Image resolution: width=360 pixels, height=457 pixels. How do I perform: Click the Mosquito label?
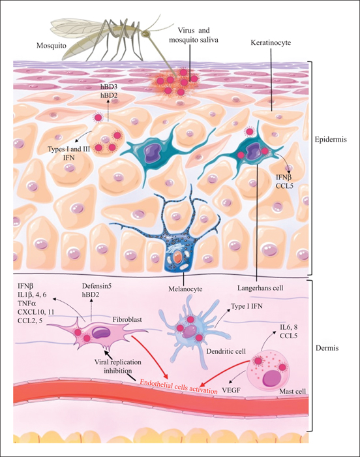coord(52,46)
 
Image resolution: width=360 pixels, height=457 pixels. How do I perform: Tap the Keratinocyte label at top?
coord(271,42)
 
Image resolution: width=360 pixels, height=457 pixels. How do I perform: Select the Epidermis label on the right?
coord(331,139)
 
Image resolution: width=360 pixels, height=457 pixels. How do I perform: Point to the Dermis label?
coord(327,348)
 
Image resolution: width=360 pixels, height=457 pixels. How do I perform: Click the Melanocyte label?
coord(185,289)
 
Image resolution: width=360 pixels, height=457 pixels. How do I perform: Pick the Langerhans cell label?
coord(260,289)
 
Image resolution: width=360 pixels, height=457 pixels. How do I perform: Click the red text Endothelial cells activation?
coord(179,386)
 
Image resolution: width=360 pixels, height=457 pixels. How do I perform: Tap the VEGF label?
coord(232,390)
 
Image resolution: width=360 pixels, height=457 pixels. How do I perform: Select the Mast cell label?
coord(292,391)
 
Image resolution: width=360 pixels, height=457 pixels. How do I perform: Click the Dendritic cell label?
coord(226,351)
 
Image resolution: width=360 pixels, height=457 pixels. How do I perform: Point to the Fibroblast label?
coord(127,319)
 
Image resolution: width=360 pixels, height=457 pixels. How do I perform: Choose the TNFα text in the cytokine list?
coord(27,304)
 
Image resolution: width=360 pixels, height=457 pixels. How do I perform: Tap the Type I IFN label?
coord(246,306)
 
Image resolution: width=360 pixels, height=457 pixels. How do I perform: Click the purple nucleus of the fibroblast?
coord(101,332)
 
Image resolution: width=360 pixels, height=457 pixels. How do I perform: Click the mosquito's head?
coord(145,34)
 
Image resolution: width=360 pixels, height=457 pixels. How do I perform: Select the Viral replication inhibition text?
coord(117,366)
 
